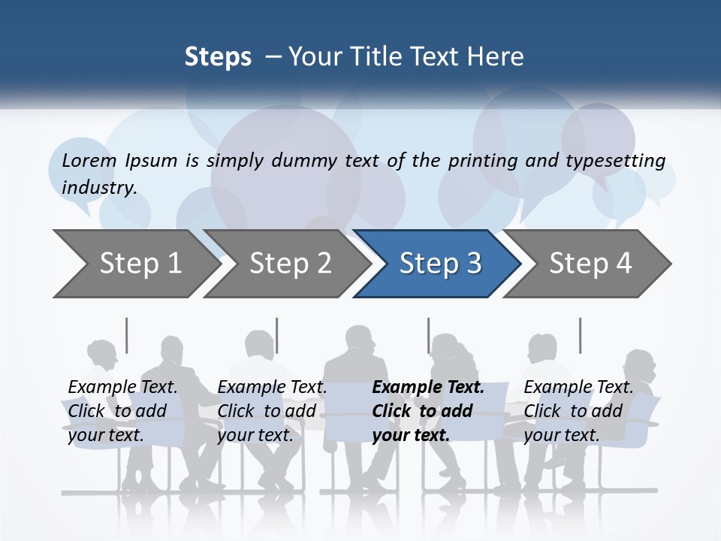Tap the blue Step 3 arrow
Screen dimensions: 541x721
click(x=440, y=264)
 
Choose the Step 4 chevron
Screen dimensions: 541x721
click(x=590, y=264)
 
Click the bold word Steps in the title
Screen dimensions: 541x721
click(x=218, y=57)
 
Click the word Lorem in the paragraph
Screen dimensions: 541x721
click(x=89, y=160)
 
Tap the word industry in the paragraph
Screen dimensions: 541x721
click(x=99, y=187)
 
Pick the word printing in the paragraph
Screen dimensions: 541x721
click(x=483, y=160)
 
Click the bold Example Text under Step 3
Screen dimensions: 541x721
click(x=428, y=388)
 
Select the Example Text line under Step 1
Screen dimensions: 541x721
click(x=122, y=388)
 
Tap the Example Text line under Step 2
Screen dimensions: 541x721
click(x=272, y=388)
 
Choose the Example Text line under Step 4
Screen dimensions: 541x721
click(x=578, y=388)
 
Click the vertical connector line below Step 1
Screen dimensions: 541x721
click(x=126, y=335)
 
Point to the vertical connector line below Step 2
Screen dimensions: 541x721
click(x=277, y=335)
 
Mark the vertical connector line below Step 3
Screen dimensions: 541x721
click(x=428, y=335)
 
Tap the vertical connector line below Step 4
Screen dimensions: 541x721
click(x=580, y=335)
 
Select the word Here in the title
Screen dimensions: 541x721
click(x=499, y=57)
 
